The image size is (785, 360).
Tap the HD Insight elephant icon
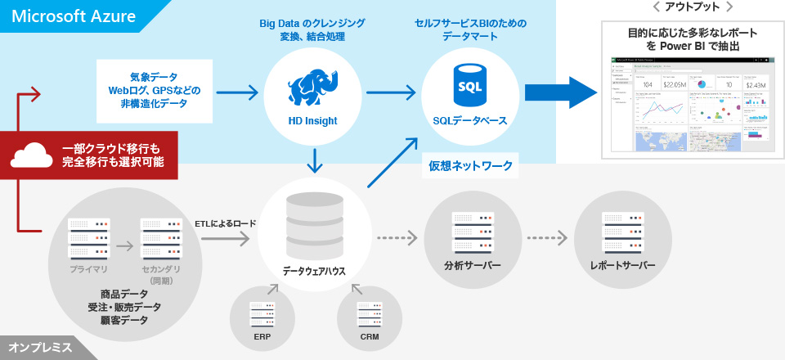[312, 85]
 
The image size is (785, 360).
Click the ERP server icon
[262, 314]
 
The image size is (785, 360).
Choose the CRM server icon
[369, 314]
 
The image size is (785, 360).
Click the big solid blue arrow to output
[563, 92]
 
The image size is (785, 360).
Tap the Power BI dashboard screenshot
[693, 104]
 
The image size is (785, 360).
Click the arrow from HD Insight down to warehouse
[314, 160]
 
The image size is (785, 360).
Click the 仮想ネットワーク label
[471, 166]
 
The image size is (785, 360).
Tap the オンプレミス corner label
[41, 348]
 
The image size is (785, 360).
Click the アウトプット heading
[693, 7]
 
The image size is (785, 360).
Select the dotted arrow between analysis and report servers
[547, 239]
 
